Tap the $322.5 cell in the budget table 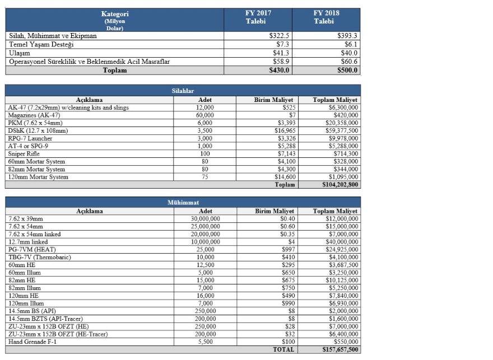[279, 36]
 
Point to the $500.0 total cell [347, 71]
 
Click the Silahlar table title [183, 91]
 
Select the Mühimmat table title [183, 202]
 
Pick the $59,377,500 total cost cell [339, 130]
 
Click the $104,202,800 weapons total [340, 185]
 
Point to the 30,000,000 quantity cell [205, 218]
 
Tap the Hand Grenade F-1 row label [32, 342]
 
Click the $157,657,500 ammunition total [340, 349]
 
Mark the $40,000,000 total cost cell [342, 241]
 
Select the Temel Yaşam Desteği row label [41, 44]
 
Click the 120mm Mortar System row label [38, 177]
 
